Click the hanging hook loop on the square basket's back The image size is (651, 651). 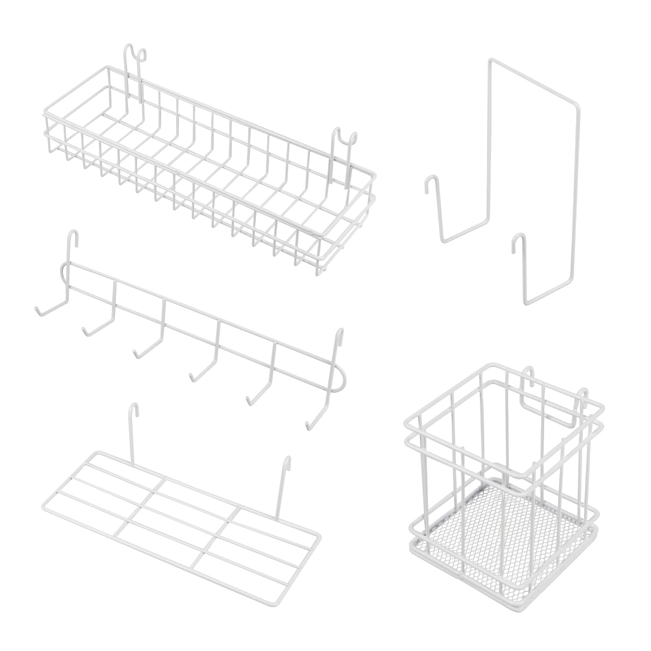pyautogui.click(x=529, y=374)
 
